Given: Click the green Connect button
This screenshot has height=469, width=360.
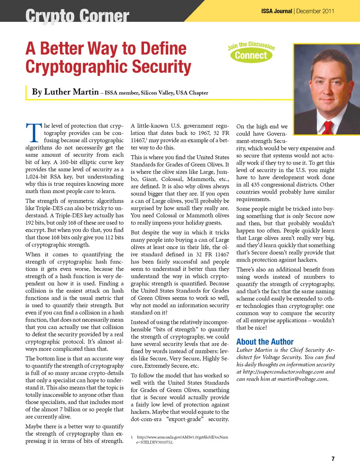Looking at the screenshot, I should pyautogui.click(x=251, y=55).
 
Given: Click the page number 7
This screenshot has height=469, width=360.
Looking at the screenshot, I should pyautogui.click(x=333, y=459).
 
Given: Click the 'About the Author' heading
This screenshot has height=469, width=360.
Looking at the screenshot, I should pyautogui.click(x=265, y=342).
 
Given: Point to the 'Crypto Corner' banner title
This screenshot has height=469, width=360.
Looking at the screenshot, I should pyautogui.click(x=77, y=16).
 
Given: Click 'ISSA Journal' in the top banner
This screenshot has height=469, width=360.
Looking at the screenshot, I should pyautogui.click(x=277, y=11).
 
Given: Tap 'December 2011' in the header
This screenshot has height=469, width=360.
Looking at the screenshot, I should pyautogui.click(x=315, y=11).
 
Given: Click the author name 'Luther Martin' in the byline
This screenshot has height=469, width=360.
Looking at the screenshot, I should pyautogui.click(x=71, y=92).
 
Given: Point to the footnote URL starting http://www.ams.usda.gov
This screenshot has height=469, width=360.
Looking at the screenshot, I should pyautogui.click(x=182, y=437).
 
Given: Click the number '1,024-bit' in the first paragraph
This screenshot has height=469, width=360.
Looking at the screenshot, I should pyautogui.click(x=38, y=177).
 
